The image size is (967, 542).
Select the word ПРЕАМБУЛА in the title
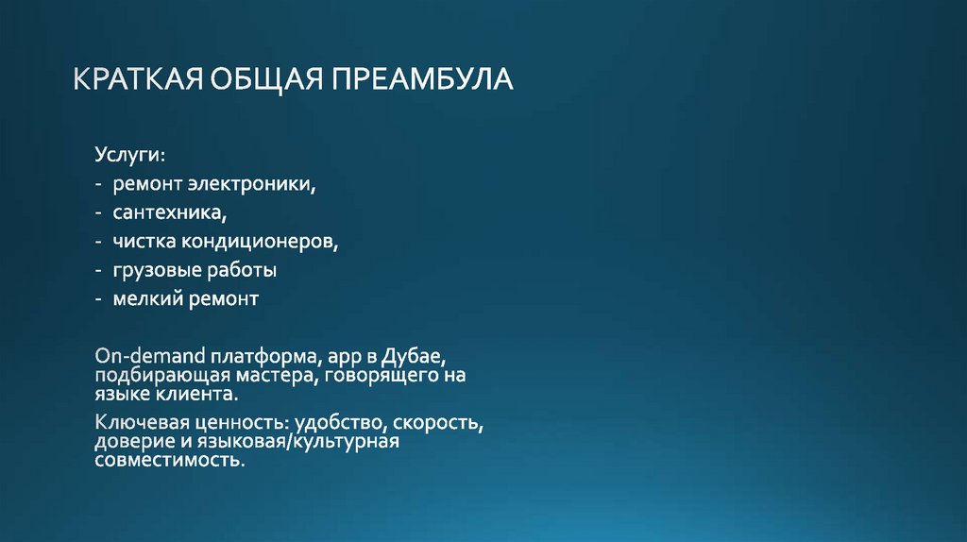(x=421, y=78)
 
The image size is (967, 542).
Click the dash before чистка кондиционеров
(x=99, y=242)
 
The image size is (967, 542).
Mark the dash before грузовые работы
(x=99, y=271)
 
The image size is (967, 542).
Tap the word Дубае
(x=414, y=358)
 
